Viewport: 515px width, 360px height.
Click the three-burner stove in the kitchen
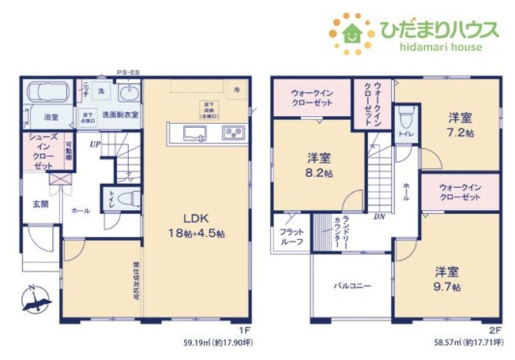pos(233,133)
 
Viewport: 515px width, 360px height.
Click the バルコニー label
pos(351,286)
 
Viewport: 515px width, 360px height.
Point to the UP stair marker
pos(95,144)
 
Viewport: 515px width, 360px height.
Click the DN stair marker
pos(378,216)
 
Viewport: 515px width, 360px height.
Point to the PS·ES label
pos(129,72)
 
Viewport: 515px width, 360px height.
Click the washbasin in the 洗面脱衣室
pos(130,95)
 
